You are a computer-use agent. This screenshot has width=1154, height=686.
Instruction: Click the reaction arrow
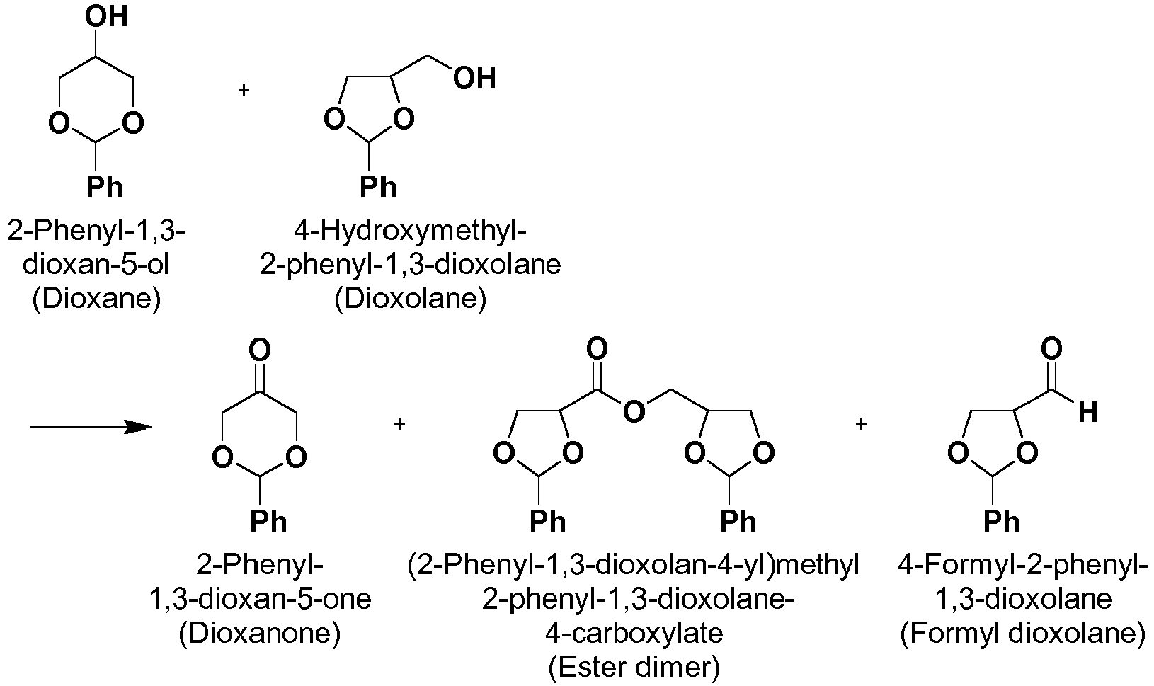coord(91,426)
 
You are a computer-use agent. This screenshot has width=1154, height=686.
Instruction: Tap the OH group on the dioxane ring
coord(107,17)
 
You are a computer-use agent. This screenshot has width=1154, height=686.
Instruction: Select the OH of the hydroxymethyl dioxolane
coord(474,79)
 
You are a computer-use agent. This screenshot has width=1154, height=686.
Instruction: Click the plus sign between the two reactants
coord(244,90)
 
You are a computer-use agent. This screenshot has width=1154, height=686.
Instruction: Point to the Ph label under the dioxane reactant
coord(105,187)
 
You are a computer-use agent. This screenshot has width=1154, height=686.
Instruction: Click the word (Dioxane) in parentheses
coord(97,299)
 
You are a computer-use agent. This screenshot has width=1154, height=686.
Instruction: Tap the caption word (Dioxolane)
coord(411,299)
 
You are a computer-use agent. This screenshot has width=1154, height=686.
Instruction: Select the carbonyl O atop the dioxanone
coord(260,350)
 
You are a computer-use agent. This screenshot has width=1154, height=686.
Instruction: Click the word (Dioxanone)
coord(260,633)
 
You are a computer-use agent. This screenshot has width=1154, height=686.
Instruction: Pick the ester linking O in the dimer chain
coord(634,411)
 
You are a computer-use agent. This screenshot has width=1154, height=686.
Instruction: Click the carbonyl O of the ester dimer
coord(597,349)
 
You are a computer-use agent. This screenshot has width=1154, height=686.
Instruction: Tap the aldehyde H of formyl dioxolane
coord(1087,412)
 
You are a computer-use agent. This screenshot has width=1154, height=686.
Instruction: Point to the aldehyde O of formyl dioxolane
coord(1051,349)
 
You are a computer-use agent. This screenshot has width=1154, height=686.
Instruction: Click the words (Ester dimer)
coord(634,668)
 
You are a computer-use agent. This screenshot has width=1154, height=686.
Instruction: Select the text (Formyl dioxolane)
coord(1023,633)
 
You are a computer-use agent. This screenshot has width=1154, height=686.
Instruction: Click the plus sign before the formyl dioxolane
coord(861,424)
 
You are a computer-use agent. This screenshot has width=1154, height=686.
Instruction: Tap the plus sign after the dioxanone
coord(399,424)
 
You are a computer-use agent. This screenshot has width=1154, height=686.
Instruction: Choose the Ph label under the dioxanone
coord(268,521)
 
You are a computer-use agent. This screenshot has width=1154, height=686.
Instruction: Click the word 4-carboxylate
coord(634,633)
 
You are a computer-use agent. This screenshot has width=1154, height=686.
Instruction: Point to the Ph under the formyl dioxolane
coord(1002,521)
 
